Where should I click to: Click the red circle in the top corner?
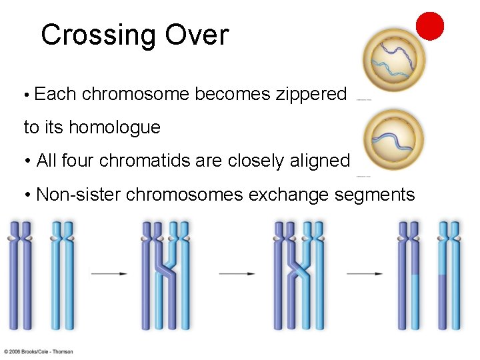[x=429, y=26]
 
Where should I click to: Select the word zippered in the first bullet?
[x=311, y=94]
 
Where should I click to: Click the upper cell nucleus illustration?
[x=393, y=62]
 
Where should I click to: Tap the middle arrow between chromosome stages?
[x=237, y=273]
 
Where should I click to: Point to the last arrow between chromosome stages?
[x=365, y=273]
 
